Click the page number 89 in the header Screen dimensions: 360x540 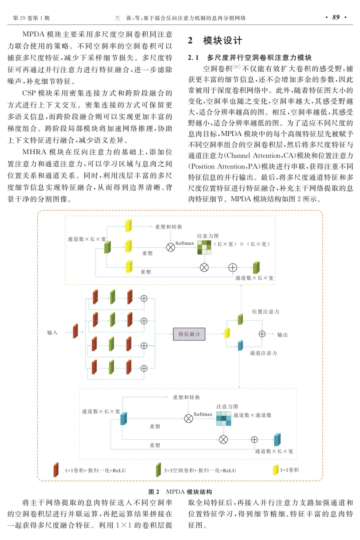tap(336, 17)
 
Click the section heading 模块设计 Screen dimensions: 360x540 tap(222, 41)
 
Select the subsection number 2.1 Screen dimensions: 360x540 tap(193, 58)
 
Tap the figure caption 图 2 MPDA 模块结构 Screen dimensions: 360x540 tap(180, 492)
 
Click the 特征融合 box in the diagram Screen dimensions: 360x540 tap(189, 334)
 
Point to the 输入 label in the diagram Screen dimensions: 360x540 tap(52, 332)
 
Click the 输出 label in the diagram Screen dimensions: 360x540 tap(282, 335)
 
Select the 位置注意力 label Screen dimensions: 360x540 tap(266, 312)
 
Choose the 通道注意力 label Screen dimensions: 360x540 tap(263, 353)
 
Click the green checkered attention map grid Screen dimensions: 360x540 tap(204, 247)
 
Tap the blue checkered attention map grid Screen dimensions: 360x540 tap(224, 418)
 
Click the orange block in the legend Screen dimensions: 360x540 tap(56, 470)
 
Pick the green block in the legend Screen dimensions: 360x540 tap(158, 470)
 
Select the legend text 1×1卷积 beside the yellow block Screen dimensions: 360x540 tap(290, 470)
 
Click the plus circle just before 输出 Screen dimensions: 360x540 tap(262, 334)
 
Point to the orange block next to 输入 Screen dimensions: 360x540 tap(75, 331)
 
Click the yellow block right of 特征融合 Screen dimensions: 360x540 tap(227, 333)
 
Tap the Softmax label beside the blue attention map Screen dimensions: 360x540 tap(203, 414)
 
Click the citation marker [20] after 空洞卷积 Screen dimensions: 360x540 tap(236, 67)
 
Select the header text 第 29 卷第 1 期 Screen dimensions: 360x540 tap(31, 18)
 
